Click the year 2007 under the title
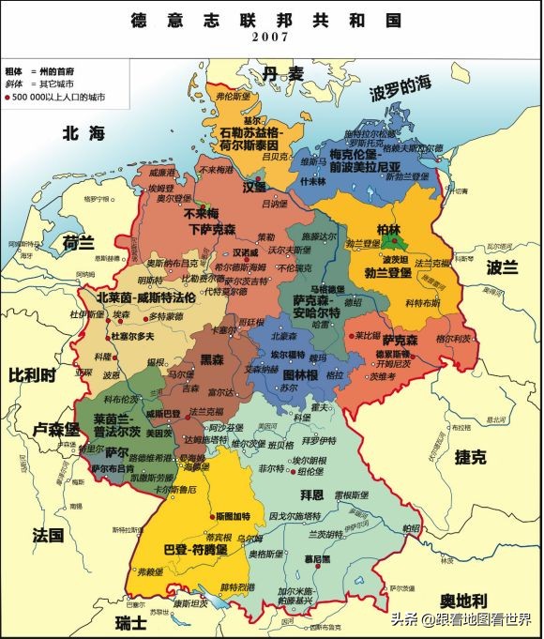[x=271, y=37]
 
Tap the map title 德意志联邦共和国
[x=271, y=17]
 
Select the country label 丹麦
[x=283, y=73]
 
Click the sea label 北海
[x=82, y=134]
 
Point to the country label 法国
[x=48, y=535]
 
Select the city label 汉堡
[x=254, y=187]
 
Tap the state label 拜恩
[x=311, y=493]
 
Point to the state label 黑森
[x=213, y=359]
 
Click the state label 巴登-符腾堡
[x=195, y=549]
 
